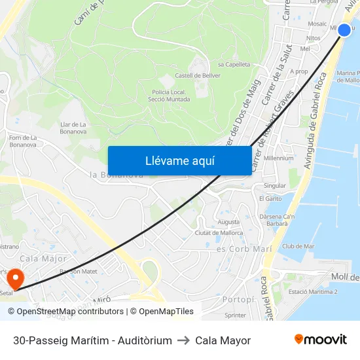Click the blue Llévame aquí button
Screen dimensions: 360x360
coord(179,161)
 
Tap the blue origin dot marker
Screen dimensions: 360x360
coord(344,30)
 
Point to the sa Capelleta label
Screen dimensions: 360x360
coord(234,65)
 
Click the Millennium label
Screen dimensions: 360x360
coord(279,158)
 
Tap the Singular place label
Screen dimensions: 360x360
coord(274,185)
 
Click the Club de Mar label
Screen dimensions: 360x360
coord(298,246)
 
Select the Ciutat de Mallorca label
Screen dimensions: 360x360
coord(219,233)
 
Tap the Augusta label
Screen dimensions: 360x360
coord(228,222)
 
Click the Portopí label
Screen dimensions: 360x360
coord(234,298)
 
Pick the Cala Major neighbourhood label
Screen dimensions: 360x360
coord(43,259)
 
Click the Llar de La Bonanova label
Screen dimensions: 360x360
coord(73,128)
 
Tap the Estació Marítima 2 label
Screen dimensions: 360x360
coord(313,292)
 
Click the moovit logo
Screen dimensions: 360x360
coord(320,340)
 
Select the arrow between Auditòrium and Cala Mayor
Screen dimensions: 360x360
coord(183,340)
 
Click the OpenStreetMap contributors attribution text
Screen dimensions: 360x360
coord(70,312)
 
